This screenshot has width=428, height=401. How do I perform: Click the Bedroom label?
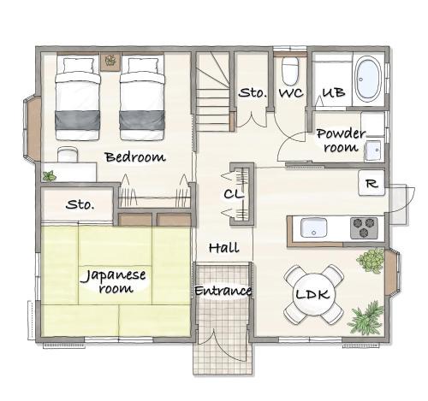click(135, 157)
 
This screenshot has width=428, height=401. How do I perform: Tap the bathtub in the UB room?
click(368, 80)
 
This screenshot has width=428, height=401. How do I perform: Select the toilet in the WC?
click(290, 71)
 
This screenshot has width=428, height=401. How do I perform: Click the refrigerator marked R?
click(372, 183)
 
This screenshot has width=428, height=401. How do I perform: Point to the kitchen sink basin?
click(314, 227)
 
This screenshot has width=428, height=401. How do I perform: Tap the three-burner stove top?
click(364, 227)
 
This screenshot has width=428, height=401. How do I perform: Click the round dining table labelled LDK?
click(313, 294)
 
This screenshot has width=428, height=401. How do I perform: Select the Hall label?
click(223, 248)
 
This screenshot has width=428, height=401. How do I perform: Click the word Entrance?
click(223, 291)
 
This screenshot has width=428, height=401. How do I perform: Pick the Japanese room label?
click(114, 281)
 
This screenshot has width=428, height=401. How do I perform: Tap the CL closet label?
click(234, 194)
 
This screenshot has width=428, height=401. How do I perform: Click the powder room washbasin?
click(373, 150)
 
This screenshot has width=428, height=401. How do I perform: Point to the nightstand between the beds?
click(110, 62)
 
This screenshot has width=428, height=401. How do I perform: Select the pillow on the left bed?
click(78, 66)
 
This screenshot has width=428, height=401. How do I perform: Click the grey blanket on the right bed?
click(142, 121)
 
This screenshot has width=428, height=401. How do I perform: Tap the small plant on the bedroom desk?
click(50, 176)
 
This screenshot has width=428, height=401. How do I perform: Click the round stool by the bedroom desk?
click(68, 155)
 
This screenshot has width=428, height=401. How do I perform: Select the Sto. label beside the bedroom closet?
click(80, 204)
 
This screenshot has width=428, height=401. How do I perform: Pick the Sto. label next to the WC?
click(253, 92)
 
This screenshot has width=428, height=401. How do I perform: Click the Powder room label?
click(341, 140)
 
